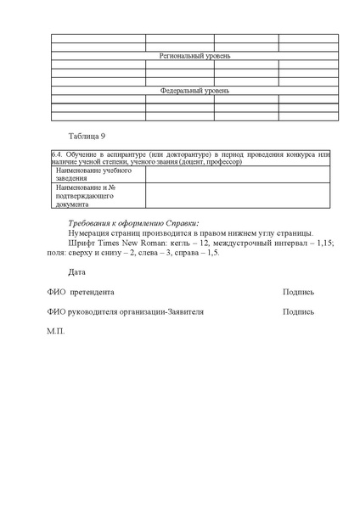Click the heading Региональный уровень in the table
pyautogui.click(x=195, y=56)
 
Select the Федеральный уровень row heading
pyautogui.click(x=195, y=90)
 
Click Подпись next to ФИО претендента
pyautogui.click(x=299, y=292)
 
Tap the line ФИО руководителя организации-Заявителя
pyautogui.click(x=125, y=312)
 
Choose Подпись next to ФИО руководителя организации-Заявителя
pyautogui.click(x=299, y=312)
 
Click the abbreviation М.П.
pyautogui.click(x=56, y=332)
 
